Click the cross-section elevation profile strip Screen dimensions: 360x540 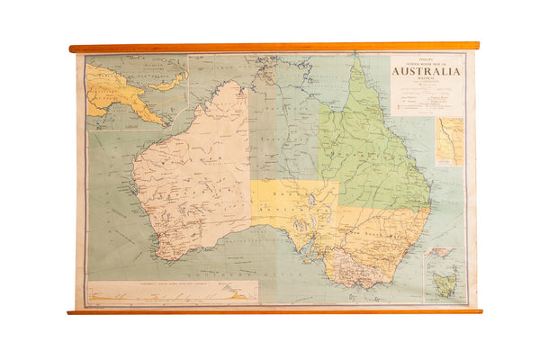[x=171, y=292]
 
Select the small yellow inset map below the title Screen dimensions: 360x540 [x=449, y=141]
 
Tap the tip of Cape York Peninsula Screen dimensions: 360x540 [x=357, y=59]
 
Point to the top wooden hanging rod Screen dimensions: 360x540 [x=270, y=47]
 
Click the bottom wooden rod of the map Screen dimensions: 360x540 [x=270, y=311]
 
